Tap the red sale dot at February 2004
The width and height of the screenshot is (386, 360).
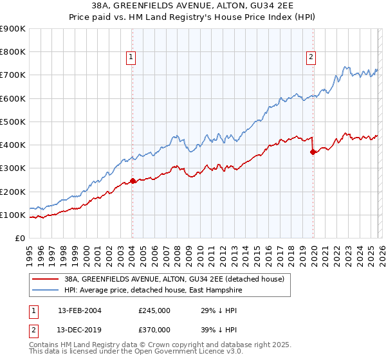coord(133,181)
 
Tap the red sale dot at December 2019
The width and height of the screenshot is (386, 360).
coord(313,152)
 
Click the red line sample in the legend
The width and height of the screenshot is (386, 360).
coord(46,279)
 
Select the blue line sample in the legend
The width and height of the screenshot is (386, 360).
coord(46,291)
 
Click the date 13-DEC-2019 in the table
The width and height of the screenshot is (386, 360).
coord(79,328)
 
